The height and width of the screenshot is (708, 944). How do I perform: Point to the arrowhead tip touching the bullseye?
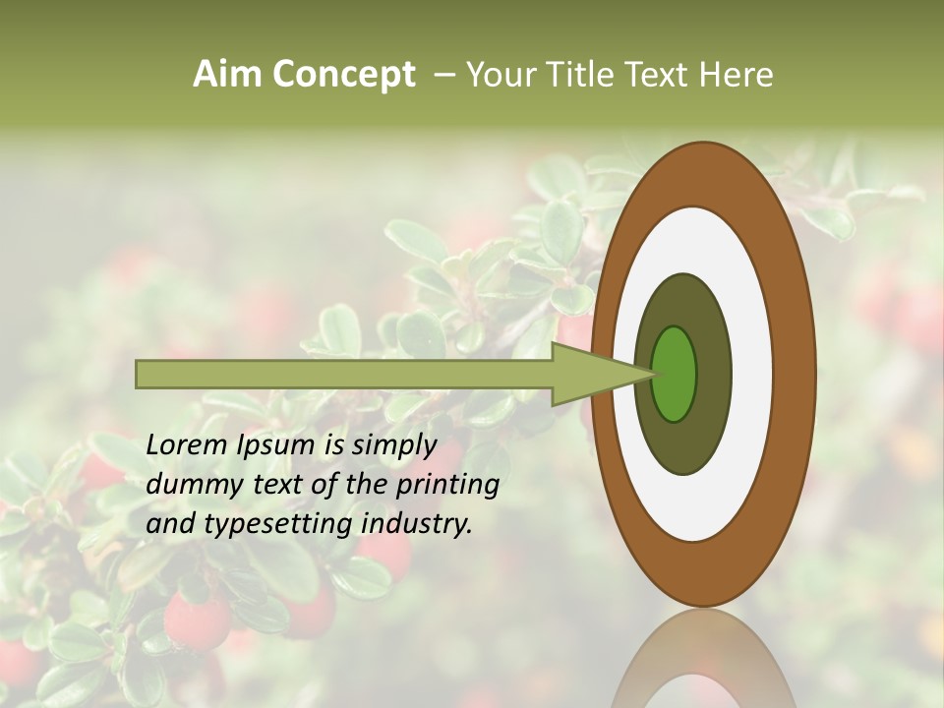point(653,374)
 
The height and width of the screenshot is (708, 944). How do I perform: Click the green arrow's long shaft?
point(344,374)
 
